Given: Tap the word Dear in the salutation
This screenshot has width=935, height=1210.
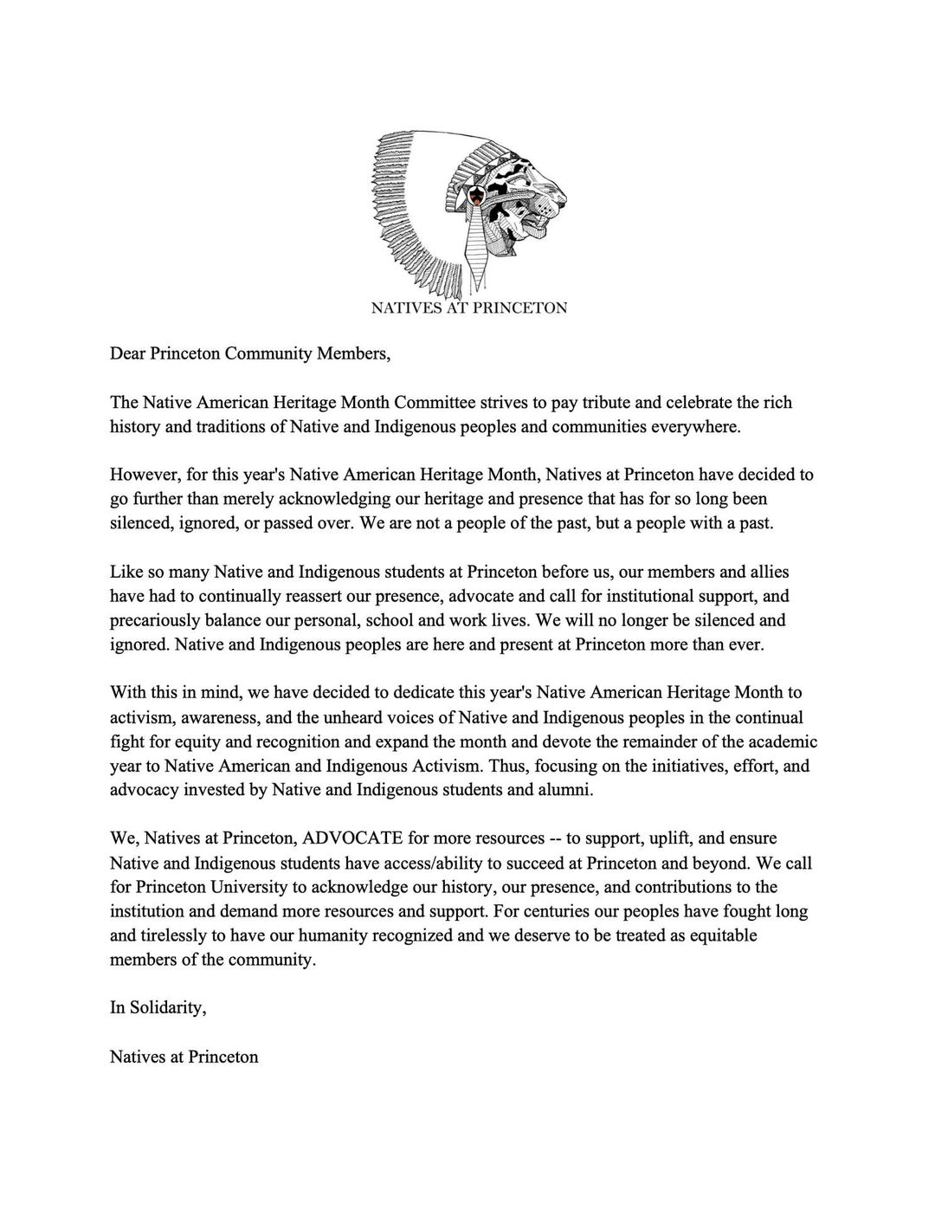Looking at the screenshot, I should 127,353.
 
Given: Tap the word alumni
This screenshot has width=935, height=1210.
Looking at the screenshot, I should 567,790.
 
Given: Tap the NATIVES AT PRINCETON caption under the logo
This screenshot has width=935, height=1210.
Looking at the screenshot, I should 468,307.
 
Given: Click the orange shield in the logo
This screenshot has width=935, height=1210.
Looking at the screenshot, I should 474,197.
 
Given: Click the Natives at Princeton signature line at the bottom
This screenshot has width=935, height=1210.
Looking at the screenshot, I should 184,1057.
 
